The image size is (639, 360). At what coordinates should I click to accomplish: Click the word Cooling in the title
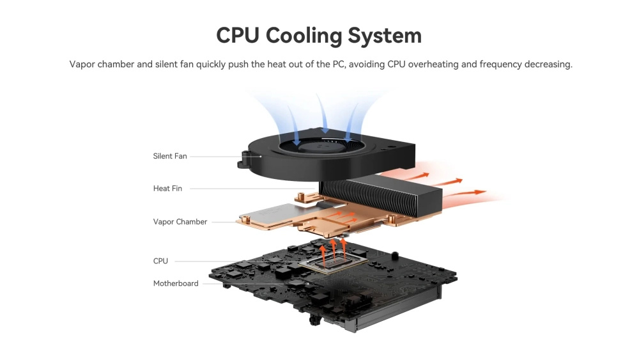pyautogui.click(x=304, y=36)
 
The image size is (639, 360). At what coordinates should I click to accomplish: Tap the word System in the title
pyautogui.click(x=385, y=36)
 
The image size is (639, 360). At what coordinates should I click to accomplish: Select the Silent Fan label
pyautogui.click(x=170, y=156)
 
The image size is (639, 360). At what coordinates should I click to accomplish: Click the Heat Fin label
pyautogui.click(x=167, y=189)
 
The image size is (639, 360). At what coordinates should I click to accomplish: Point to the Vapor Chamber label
pyautogui.click(x=180, y=222)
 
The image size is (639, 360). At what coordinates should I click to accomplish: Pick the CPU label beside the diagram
pyautogui.click(x=160, y=261)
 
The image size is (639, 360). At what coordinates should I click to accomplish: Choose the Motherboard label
pyautogui.click(x=176, y=283)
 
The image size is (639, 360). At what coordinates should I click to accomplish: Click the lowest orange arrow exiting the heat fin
pyautogui.click(x=464, y=194)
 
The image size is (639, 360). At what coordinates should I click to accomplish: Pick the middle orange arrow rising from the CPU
pyautogui.click(x=334, y=249)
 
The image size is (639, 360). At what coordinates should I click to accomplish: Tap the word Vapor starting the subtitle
pyautogui.click(x=82, y=65)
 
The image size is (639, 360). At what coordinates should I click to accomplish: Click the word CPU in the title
pyautogui.click(x=238, y=35)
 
